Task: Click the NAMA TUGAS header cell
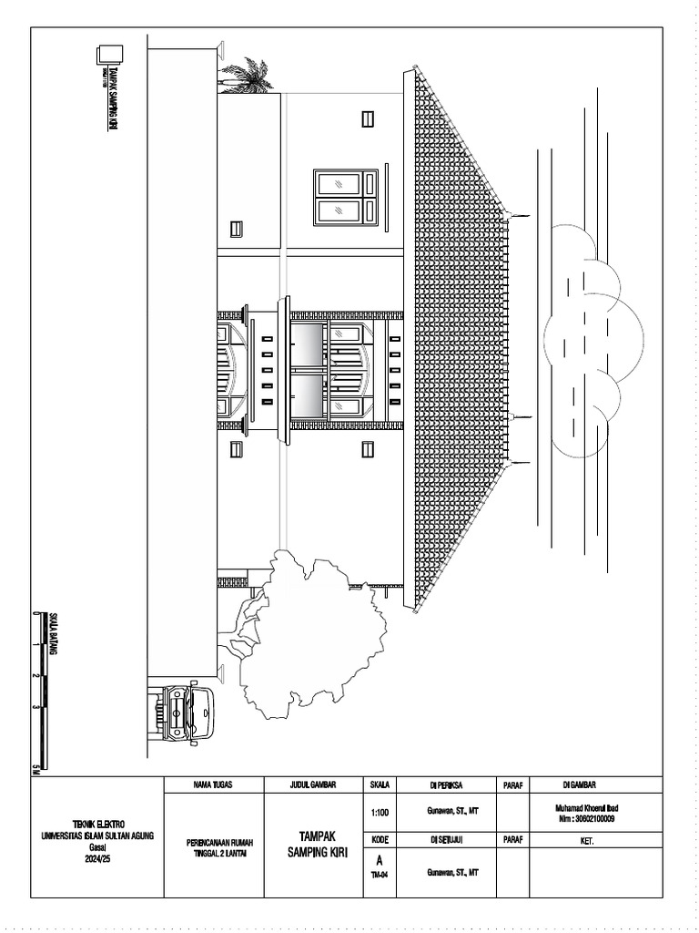(x=213, y=784)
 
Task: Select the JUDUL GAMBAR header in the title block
(x=313, y=784)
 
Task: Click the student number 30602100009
(x=594, y=819)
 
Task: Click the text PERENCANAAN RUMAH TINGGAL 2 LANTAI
(x=213, y=847)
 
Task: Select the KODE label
(x=380, y=839)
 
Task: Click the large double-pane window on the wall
(x=346, y=197)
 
